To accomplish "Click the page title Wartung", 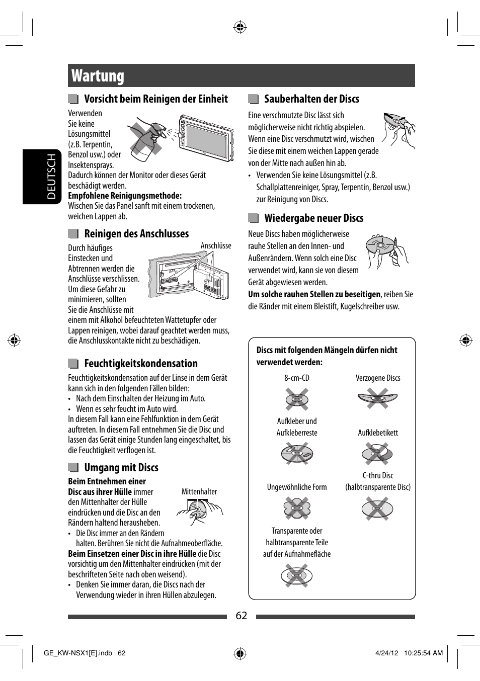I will [x=98, y=76].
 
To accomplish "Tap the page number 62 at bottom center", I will [x=242, y=616].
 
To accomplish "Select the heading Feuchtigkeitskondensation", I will [x=141, y=364].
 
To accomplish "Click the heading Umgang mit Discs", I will [x=121, y=468].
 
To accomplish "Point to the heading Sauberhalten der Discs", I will [x=311, y=99].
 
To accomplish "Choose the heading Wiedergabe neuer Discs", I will [x=313, y=218].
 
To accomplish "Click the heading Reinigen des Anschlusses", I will [x=136, y=234].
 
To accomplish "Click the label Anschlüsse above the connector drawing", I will [x=216, y=246].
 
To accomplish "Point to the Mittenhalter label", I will [x=199, y=492].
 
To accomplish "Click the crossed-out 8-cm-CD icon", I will [x=297, y=399].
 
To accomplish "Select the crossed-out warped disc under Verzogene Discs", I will [x=378, y=399].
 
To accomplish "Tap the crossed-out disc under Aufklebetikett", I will [x=377, y=454].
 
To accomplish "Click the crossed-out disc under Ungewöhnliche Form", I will [x=297, y=508].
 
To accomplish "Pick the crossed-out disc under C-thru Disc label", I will [x=377, y=508].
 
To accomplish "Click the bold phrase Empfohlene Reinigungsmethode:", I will [x=125, y=196].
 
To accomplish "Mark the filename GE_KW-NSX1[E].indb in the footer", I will [x=78, y=653].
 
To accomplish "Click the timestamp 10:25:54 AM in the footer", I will [x=423, y=653].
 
